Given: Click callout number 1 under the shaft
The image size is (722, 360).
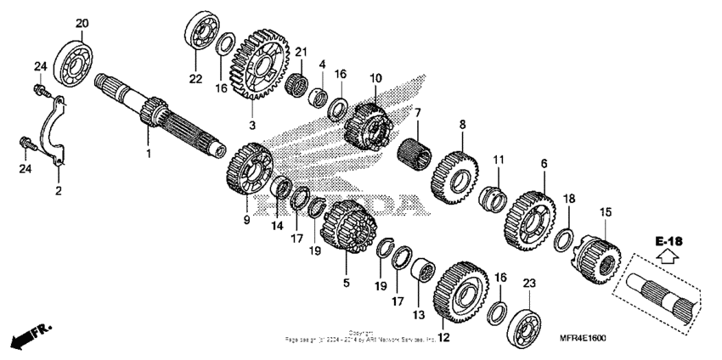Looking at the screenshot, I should (x=148, y=154).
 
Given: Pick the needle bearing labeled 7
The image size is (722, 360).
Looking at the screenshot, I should (x=416, y=155).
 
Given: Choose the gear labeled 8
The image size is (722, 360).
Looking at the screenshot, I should (x=456, y=175).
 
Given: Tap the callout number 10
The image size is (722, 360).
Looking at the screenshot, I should (x=375, y=79).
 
